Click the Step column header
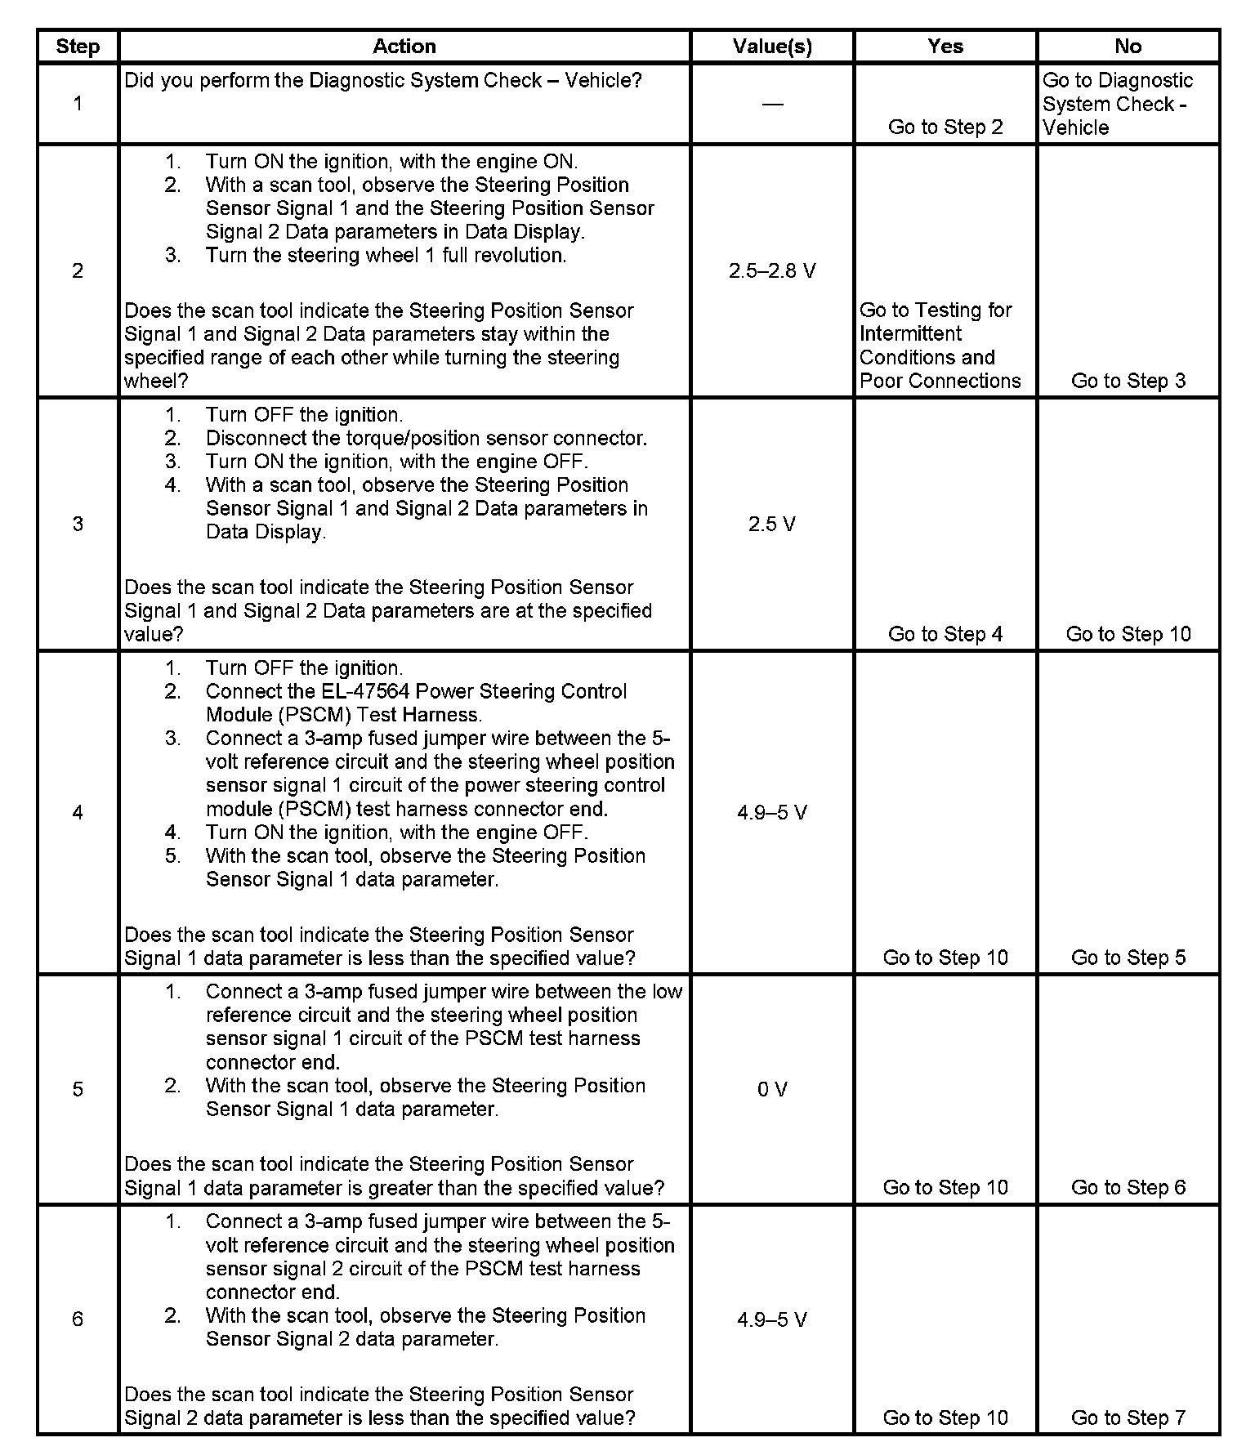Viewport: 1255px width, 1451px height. tap(78, 47)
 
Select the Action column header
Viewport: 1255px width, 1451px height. tap(404, 47)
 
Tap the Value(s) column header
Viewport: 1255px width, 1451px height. tap(772, 47)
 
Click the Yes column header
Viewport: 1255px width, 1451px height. tap(945, 47)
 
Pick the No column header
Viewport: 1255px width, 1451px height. tap(1128, 47)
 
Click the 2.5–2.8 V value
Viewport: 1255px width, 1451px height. tap(772, 271)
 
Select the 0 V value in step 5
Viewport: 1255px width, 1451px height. tap(772, 1089)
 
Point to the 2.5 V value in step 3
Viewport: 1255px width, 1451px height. tap(772, 524)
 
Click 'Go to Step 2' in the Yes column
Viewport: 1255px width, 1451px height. tap(945, 127)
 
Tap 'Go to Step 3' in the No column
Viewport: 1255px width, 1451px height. tap(1128, 381)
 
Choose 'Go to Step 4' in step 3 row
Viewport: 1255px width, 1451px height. tap(945, 634)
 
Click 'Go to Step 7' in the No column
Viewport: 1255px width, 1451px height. tap(1128, 1418)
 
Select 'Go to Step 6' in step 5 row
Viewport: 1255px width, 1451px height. tap(1128, 1187)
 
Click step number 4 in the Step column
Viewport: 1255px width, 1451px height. tap(78, 812)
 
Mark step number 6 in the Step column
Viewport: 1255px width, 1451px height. tap(78, 1319)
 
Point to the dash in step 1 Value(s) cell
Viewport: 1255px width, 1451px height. tap(772, 104)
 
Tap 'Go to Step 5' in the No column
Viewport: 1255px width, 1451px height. tap(1128, 958)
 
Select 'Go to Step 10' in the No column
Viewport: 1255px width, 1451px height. tap(1128, 634)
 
